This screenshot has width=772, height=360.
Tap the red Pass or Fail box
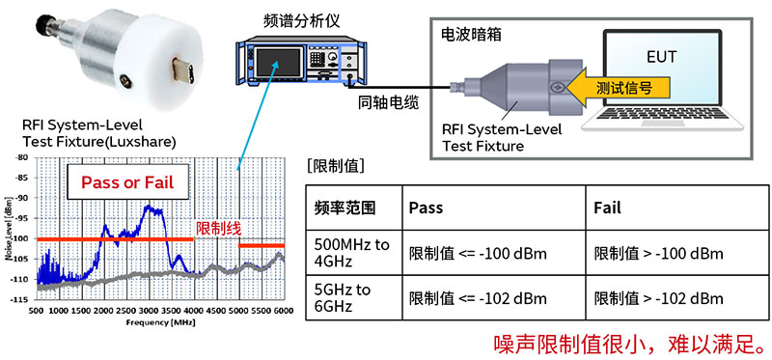click(121, 182)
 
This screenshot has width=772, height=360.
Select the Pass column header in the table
click(426, 208)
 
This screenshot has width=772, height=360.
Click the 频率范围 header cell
click(345, 208)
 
